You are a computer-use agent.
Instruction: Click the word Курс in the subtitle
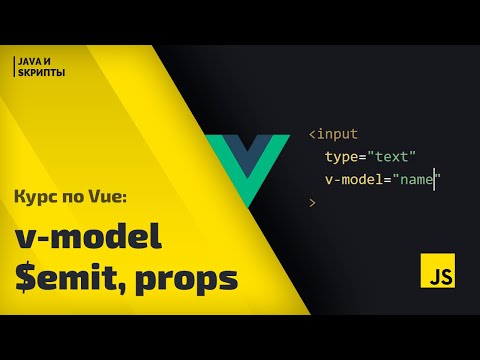(38, 197)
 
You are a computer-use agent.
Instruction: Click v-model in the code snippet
(354, 180)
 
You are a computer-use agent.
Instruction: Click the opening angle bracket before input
(312, 134)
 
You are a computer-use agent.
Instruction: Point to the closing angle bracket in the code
(312, 203)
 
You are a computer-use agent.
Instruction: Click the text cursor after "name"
(434, 180)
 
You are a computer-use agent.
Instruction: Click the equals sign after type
(363, 157)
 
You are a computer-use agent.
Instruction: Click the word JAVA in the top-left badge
(27, 62)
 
